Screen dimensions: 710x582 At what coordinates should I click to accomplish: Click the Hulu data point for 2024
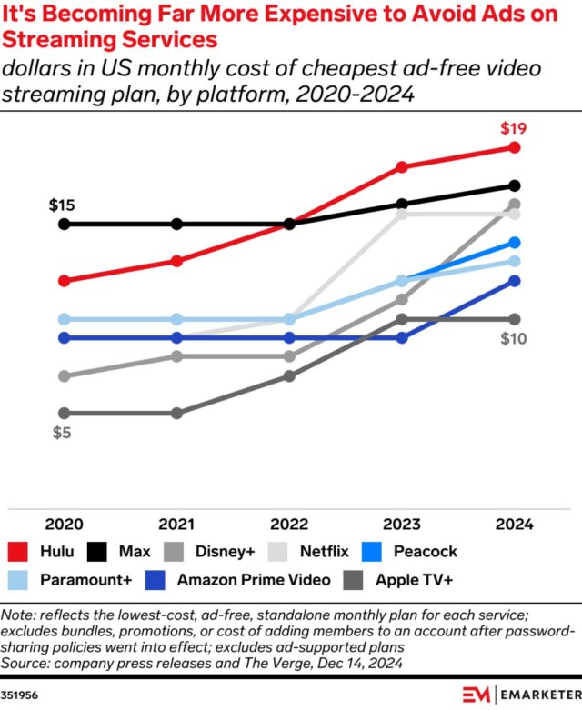coord(515,147)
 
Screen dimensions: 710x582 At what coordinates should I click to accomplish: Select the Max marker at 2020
coord(64,224)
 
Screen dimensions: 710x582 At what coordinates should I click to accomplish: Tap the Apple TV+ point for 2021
coord(176,413)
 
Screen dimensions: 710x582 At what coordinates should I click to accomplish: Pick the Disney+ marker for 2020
coord(64,375)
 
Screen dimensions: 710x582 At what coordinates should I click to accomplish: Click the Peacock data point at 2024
coord(515,243)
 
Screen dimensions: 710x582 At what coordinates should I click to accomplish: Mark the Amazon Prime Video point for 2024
coord(515,281)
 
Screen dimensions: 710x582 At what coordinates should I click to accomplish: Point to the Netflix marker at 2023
coord(402,214)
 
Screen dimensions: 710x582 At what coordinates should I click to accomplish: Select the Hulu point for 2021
coord(176,261)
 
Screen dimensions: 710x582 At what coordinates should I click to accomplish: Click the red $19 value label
coord(514,127)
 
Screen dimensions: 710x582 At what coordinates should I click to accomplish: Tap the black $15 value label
coord(62,205)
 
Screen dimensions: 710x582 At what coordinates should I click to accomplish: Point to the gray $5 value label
coord(61,433)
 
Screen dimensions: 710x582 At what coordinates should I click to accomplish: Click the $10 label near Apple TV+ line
coord(514,339)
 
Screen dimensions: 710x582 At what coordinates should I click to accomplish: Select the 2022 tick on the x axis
coord(289,525)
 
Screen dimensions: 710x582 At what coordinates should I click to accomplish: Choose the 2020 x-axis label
coord(64,525)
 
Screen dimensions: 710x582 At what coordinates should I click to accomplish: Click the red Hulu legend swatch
coord(18,551)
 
